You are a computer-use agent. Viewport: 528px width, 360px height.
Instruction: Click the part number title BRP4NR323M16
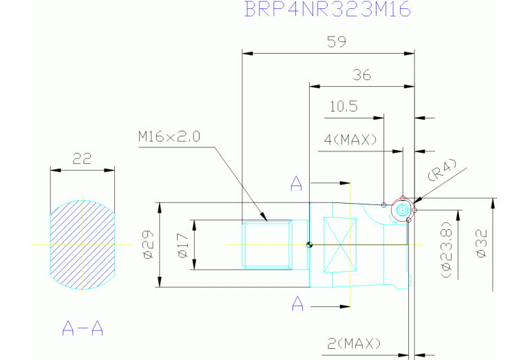coord(327,9)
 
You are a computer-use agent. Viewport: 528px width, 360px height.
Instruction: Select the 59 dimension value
coord(337,42)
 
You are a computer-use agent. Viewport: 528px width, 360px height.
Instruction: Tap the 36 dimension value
coord(361,75)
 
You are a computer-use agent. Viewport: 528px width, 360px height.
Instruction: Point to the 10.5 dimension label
coord(344,107)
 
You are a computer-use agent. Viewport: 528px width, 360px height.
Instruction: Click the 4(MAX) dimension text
coord(350,140)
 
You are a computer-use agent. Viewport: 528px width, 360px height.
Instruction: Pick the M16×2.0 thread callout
coord(169,136)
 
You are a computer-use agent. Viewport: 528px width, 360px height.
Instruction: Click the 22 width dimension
coord(82,158)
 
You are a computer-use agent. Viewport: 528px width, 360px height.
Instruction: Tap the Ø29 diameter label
coord(149,244)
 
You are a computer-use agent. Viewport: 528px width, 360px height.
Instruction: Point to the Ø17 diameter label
coord(183,245)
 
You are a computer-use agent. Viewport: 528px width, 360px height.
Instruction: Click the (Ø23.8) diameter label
coord(447,250)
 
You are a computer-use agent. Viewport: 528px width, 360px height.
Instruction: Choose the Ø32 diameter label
coord(482,243)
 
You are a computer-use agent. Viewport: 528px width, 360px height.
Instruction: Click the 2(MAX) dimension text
coord(354,344)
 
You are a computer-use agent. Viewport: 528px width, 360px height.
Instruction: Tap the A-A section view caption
coord(83,328)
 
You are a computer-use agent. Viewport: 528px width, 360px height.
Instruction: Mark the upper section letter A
coord(296,184)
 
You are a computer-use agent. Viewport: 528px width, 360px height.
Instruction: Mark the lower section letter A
coord(297,303)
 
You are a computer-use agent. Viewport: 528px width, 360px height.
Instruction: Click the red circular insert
coord(403,211)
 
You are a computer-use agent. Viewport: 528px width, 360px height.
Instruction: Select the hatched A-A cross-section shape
coord(83,245)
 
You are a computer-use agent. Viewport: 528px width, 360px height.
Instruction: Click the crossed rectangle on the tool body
coord(340,245)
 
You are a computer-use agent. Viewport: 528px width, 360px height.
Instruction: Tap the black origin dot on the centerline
coord(310,245)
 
